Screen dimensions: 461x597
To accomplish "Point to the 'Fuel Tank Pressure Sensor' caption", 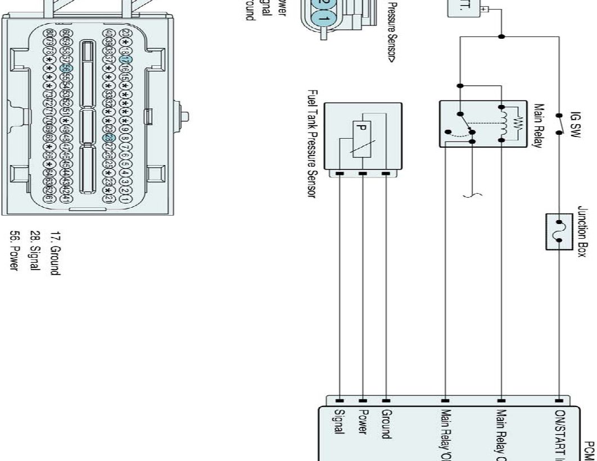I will pos(314,144).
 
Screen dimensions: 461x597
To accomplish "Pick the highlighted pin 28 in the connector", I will pos(108,138).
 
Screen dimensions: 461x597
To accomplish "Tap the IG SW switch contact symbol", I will pos(559,124).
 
